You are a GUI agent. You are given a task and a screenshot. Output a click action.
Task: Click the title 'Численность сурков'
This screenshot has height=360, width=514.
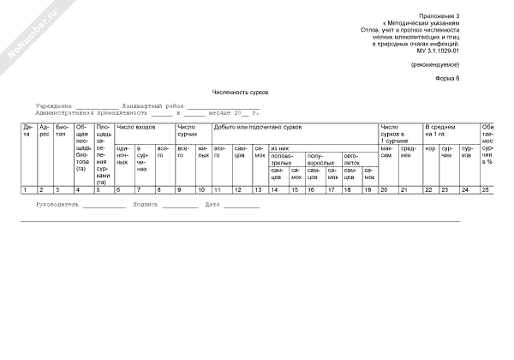pos(243,91)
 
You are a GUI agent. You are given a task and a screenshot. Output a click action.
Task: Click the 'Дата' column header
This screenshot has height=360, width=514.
pos(27,132)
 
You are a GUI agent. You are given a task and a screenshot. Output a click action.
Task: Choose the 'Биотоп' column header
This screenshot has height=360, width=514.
pos(62,132)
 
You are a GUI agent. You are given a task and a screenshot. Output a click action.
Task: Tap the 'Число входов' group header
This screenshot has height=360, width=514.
pos(136,127)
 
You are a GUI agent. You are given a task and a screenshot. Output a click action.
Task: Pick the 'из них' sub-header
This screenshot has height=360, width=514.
pos(279,148)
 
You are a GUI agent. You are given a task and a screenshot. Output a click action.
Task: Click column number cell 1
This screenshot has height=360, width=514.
pos(27,189)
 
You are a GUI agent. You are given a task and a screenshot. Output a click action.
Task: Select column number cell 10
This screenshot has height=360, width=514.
pos(202,189)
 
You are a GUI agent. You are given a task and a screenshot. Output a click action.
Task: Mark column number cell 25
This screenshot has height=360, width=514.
pos(486,189)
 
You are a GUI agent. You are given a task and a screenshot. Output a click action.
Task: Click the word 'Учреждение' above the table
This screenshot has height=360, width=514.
pos(55,105)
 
